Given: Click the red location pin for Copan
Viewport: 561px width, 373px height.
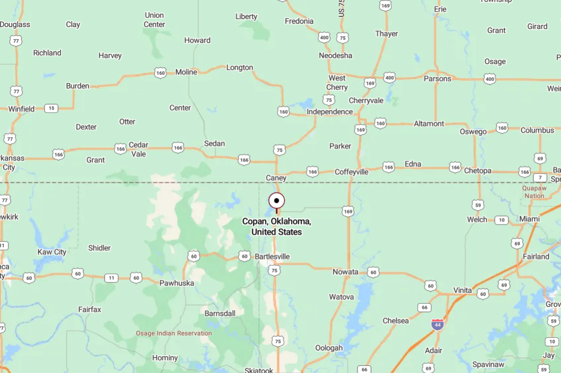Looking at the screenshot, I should click(276, 201).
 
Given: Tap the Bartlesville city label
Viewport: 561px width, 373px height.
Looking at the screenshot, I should click(272, 256).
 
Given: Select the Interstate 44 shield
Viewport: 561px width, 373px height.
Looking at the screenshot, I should click(437, 324).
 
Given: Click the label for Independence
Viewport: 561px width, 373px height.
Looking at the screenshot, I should click(330, 112).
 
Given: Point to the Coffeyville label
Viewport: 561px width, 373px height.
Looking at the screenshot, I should click(351, 172).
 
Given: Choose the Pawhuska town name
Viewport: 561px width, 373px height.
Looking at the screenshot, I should click(177, 283).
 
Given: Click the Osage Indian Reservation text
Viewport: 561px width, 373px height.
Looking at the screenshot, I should click(174, 333).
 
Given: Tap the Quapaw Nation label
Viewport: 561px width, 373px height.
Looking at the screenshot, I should click(534, 192).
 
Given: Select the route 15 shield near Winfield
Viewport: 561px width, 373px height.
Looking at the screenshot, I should click(51, 109).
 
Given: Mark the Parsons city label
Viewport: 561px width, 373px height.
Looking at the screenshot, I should click(437, 79).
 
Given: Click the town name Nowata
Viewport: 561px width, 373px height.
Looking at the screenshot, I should click(345, 272).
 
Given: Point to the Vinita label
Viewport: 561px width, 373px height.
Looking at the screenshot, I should click(463, 290).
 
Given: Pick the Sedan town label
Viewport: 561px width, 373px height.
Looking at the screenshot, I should click(214, 144).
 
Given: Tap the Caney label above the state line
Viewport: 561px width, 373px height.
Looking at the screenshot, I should click(276, 178).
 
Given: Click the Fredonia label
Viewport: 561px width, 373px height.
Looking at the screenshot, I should click(299, 21).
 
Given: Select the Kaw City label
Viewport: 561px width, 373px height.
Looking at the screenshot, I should click(52, 252).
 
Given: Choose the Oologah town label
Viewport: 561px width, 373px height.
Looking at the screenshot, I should click(329, 348).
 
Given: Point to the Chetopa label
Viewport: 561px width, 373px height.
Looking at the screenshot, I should click(478, 171).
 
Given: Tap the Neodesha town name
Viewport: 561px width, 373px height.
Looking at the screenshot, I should click(335, 56).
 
